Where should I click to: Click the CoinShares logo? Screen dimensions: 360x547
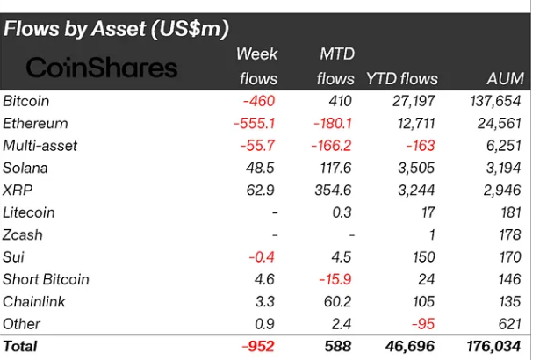[x=100, y=68]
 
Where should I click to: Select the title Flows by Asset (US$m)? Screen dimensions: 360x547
[x=116, y=28]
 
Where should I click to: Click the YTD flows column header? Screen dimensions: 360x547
[x=402, y=79]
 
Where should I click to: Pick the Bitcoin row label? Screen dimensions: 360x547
[x=26, y=101]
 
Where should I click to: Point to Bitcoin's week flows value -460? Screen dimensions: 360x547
[x=260, y=101]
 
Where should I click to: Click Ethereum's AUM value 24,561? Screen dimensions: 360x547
[x=497, y=123]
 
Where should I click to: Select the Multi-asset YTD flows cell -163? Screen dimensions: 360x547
[x=419, y=146]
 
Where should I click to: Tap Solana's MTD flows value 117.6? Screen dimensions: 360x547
[x=335, y=168]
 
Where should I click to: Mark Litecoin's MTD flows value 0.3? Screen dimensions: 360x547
[x=343, y=212]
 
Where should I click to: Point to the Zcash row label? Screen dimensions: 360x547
[x=23, y=234]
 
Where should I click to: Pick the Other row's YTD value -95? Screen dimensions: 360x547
[x=423, y=324]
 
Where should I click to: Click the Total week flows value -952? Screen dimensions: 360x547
[x=259, y=347]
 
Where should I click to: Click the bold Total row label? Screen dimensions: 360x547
[x=21, y=347]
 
